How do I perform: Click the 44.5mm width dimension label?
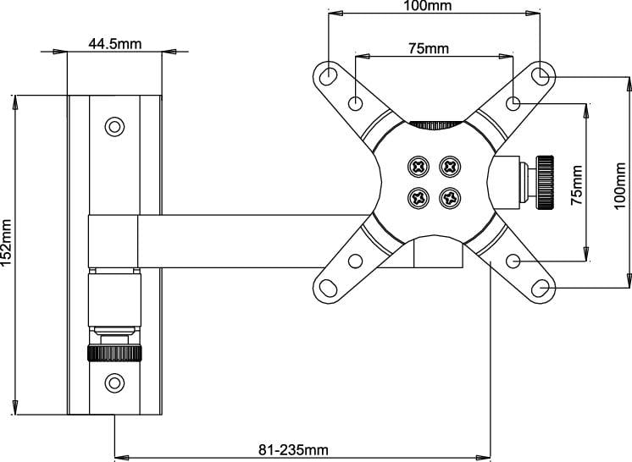(114, 45)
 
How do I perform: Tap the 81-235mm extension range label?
(294, 448)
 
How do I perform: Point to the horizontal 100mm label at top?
(426, 6)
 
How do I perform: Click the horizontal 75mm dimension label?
(429, 48)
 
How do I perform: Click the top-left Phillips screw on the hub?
(418, 166)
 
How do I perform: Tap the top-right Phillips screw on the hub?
(449, 166)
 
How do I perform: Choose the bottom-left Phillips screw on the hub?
(418, 199)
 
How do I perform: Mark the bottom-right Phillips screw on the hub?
(449, 199)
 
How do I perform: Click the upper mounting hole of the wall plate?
(114, 128)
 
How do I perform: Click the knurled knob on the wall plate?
(114, 353)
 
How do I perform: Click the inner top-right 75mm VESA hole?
(513, 103)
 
